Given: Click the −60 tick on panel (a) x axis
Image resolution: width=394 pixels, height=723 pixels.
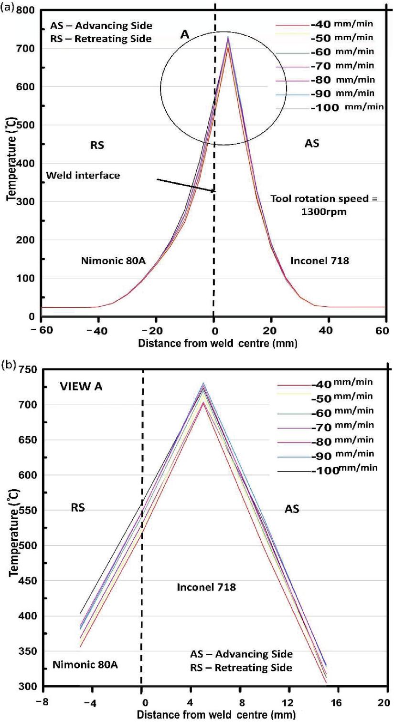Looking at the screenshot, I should coord(35,331).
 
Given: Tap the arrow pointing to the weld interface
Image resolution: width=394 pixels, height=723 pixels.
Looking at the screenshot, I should coord(186,186).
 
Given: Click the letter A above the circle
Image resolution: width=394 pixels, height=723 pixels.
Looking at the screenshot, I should coord(185,34).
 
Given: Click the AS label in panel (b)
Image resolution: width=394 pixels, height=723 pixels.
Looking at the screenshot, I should coord(292,509).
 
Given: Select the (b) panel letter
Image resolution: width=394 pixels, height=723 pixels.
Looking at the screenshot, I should coord(8,366).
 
